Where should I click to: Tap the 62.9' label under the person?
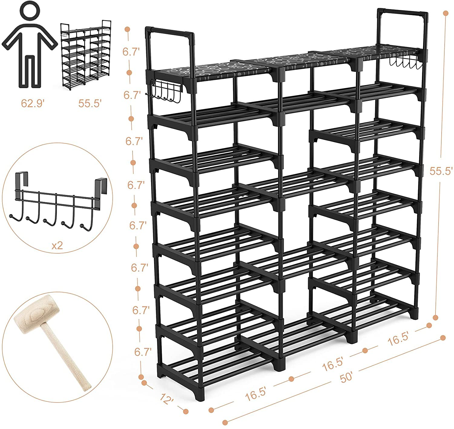(x=33, y=103)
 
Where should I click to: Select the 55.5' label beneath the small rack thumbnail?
(x=90, y=103)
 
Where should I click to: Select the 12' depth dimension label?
(x=166, y=399)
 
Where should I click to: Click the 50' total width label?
(x=346, y=378)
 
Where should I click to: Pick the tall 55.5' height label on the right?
(x=441, y=171)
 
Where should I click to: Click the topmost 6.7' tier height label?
(x=131, y=51)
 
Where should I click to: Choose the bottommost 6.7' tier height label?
(x=143, y=352)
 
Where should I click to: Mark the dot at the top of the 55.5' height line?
(x=445, y=13)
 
